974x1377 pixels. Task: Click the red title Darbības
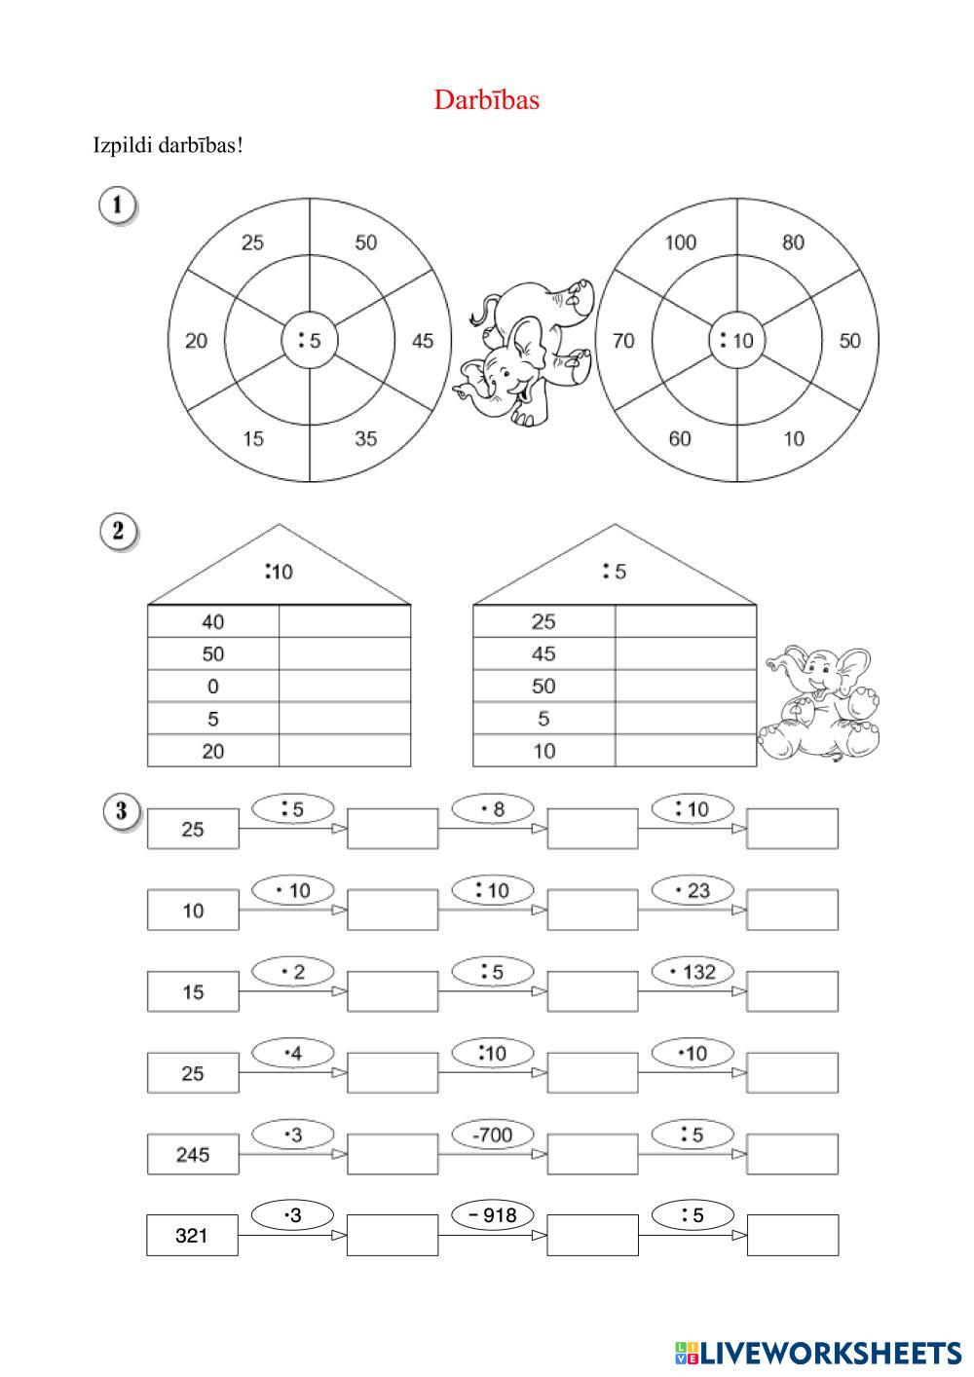point(486,99)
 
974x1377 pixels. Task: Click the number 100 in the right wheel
point(680,242)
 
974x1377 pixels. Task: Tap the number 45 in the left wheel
point(423,341)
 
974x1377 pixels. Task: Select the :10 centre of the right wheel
point(736,340)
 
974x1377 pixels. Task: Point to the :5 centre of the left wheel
point(310,340)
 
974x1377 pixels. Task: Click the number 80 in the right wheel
point(793,242)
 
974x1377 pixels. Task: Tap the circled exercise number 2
point(119,532)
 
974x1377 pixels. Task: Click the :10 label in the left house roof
point(279,572)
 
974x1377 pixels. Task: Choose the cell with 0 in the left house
point(213,686)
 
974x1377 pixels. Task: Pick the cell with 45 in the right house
point(543,653)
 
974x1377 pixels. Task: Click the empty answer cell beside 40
point(345,621)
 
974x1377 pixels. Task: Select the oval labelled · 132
point(693,971)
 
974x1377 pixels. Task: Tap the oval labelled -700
point(492,1134)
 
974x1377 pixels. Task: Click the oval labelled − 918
point(492,1214)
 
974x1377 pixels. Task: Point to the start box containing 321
point(192,1235)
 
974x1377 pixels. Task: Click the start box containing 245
point(192,1154)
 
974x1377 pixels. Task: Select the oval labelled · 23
point(693,890)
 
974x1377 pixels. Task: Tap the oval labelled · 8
point(493,808)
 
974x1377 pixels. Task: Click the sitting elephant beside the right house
point(822,702)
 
